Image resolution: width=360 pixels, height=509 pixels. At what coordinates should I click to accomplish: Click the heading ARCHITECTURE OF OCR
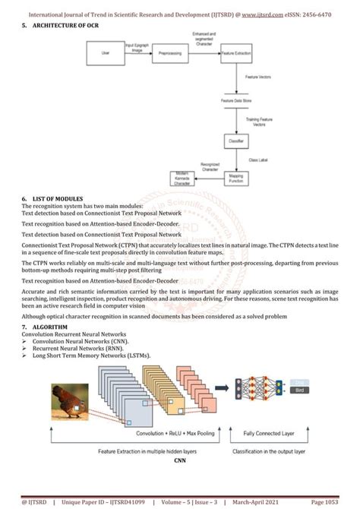click(x=65, y=26)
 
